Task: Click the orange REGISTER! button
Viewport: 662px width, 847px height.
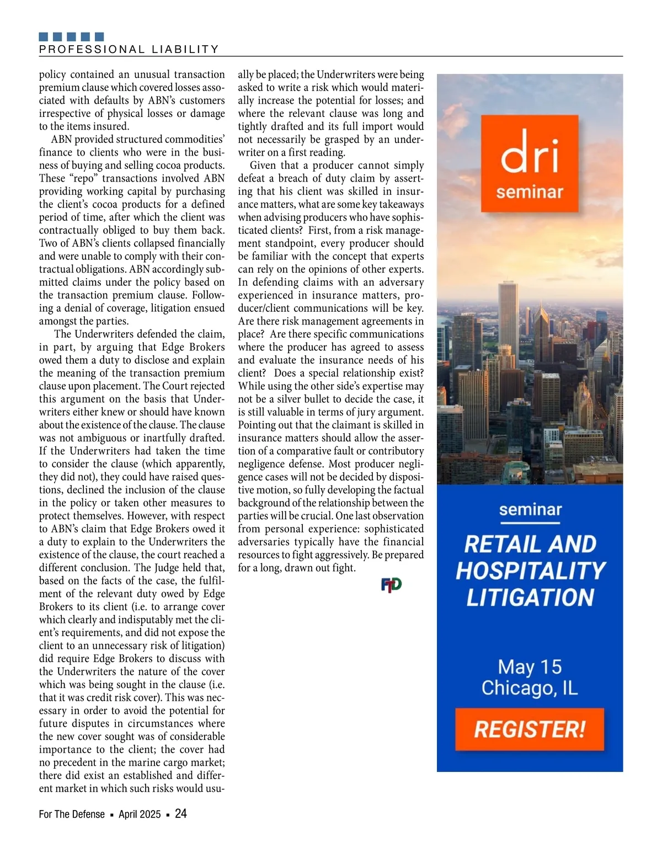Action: coord(529,729)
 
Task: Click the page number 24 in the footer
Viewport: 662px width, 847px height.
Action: coord(181,813)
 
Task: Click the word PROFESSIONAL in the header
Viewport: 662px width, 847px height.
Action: coord(92,49)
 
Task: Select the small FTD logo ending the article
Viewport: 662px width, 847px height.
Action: coord(391,585)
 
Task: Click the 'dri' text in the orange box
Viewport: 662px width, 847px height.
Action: coord(529,152)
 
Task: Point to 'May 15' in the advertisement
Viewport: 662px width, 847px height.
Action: coord(530,667)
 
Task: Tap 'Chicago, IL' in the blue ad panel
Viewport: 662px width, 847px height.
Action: coord(530,688)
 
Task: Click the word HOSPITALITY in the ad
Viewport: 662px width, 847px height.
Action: coord(530,571)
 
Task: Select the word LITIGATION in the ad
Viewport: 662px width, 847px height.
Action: coord(530,598)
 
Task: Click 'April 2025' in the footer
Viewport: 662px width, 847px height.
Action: coord(140,814)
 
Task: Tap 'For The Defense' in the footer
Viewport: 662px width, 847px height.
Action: coord(72,814)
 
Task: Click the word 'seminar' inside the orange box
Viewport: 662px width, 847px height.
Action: coord(529,193)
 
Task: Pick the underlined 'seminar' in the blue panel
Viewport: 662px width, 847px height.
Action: coord(530,509)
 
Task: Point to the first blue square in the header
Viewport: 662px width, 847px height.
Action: coord(44,37)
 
